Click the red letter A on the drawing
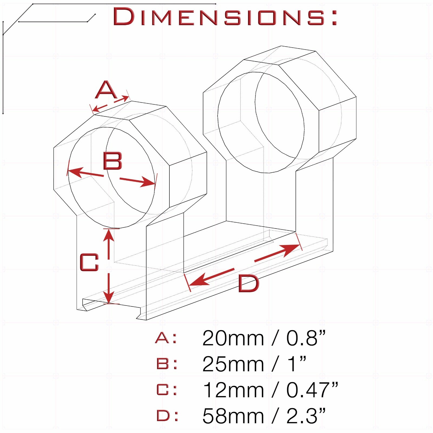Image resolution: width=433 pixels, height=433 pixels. [x=106, y=90]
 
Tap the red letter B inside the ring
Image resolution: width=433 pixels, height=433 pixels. [x=113, y=161]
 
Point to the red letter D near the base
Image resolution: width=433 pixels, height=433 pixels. [x=248, y=283]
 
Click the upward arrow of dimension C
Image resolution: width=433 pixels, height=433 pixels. [x=109, y=244]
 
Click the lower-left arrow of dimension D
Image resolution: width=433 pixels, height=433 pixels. [x=211, y=277]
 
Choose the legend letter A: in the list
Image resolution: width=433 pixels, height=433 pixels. [x=166, y=338]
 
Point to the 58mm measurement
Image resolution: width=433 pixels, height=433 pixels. [x=233, y=416]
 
